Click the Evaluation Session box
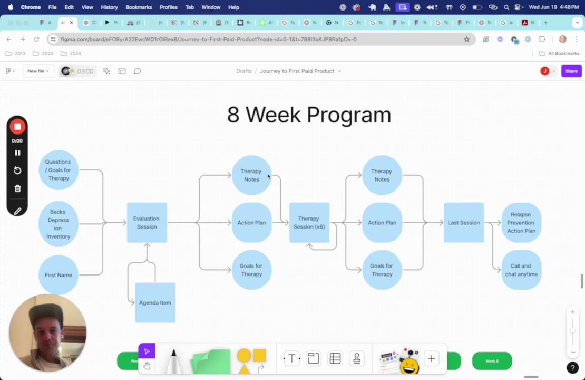(147, 223)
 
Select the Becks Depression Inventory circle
(58, 224)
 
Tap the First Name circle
(58, 275)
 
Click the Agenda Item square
(155, 303)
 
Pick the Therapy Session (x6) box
(309, 223)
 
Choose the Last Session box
(464, 223)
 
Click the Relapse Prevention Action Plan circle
(521, 223)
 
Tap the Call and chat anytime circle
(521, 270)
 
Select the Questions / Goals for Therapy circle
(58, 170)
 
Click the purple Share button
(571, 71)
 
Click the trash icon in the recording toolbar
(17, 188)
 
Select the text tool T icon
(291, 359)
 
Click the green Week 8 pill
(492, 361)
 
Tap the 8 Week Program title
(309, 115)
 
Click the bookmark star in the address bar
(466, 39)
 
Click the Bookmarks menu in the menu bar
(139, 7)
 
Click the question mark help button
(572, 368)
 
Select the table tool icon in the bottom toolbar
(335, 359)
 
